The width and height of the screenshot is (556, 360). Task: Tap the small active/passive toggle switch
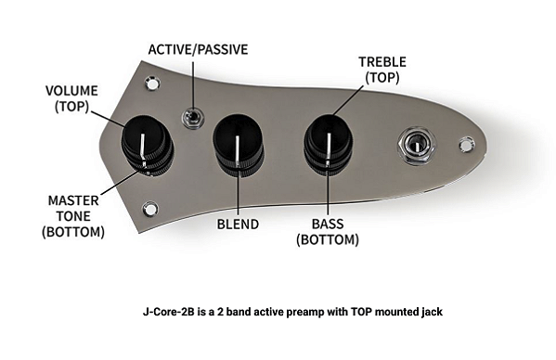tap(193, 118)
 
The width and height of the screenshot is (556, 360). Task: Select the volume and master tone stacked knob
tap(148, 144)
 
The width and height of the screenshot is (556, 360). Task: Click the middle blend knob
tap(238, 144)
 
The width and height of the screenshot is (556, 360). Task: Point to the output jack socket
tap(413, 145)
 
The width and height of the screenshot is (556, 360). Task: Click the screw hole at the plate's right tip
tap(467, 143)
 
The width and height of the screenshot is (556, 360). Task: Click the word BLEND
tap(238, 224)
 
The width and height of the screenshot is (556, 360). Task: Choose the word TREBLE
tap(382, 61)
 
